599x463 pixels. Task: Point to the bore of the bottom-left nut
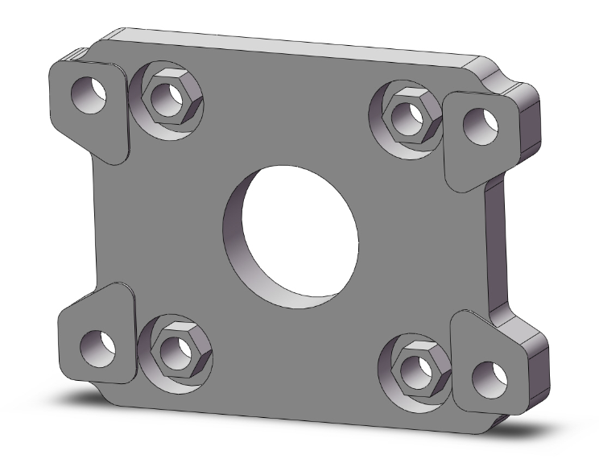(174, 349)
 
